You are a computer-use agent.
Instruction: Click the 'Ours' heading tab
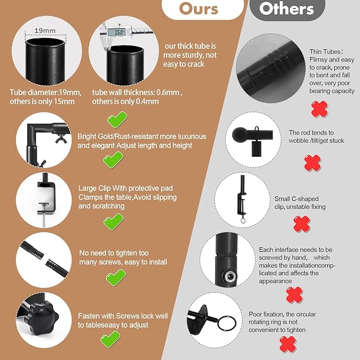pos(203,9)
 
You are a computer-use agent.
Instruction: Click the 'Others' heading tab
pos(287,9)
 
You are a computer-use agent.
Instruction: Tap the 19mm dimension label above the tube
pos(45,31)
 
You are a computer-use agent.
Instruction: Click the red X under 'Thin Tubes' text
pos(320,109)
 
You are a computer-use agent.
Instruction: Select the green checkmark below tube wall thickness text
pos(117,120)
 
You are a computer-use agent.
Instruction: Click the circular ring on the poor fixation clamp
pos(226,323)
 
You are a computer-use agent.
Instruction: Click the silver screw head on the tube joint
pos(229,277)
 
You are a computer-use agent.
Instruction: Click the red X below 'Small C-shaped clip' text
pos(302,224)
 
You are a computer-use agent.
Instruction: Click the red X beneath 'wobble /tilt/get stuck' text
pos(312,163)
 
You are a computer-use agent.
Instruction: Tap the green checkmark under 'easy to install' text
pos(116,277)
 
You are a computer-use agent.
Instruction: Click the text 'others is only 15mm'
pos(42,101)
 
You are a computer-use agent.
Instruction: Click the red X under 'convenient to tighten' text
pos(288,344)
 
